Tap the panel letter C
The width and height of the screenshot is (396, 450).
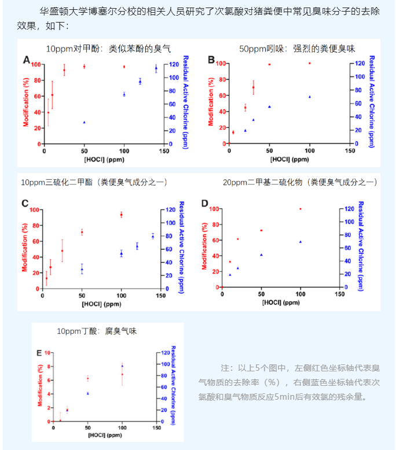25,203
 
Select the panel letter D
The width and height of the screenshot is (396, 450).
204,203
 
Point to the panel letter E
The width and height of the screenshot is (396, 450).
39,352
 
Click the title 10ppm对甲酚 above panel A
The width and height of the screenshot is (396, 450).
108,49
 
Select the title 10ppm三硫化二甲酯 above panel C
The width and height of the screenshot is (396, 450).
94,182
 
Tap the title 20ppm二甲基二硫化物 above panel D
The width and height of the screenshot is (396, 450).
300,182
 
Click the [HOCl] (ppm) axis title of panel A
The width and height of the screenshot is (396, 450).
103,159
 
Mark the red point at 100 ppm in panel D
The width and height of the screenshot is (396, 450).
300,209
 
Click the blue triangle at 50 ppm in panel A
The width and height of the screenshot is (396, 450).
85,123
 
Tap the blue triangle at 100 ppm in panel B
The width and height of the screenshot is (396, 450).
310,97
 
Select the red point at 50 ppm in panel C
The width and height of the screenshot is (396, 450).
82,232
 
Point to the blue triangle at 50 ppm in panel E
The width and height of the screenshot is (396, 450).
87,393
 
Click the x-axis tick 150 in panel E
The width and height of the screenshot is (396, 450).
156,428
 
